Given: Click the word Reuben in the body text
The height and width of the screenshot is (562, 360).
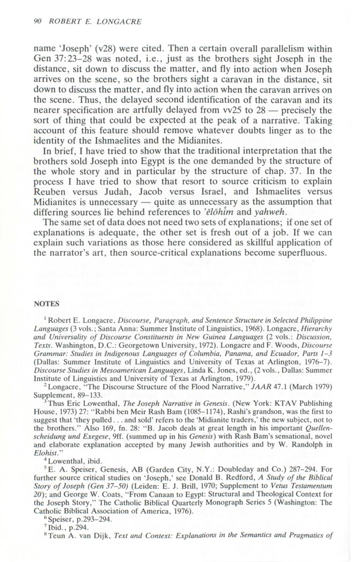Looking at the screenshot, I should pyautogui.click(x=52, y=177).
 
